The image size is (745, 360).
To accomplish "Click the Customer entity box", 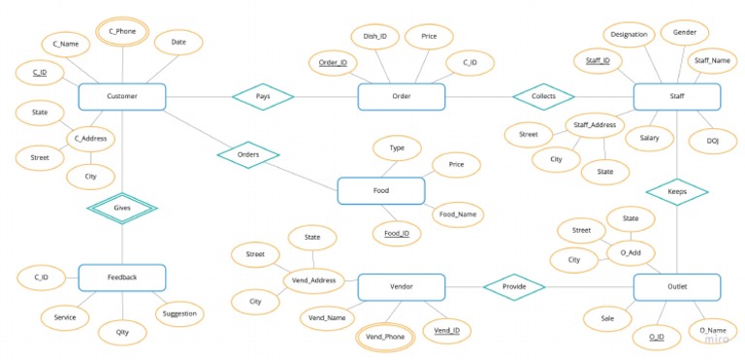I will [122, 97].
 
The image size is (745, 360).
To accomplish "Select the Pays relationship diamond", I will [263, 97].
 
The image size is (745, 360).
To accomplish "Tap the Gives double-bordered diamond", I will [122, 208].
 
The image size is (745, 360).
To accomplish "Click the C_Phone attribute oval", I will [122, 32].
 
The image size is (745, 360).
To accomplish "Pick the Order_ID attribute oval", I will [333, 63].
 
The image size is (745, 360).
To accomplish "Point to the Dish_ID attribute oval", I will [375, 37].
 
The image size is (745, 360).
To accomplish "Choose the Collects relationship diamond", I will [543, 97].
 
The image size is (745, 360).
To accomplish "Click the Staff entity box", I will [676, 97].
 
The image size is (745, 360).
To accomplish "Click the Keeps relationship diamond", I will [676, 192].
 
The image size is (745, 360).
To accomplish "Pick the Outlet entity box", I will [676, 287].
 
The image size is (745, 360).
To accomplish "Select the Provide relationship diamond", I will [514, 287].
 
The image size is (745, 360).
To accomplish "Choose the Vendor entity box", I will [402, 287].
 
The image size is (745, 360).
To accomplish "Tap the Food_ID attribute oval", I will [397, 234].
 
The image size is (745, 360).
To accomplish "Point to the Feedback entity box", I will [122, 278].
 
